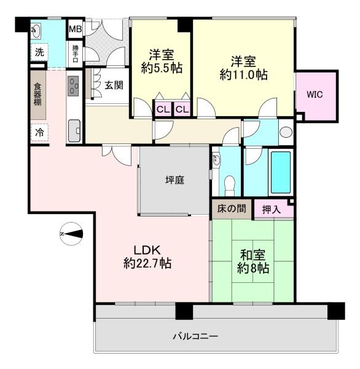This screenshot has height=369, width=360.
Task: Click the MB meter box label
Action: tap(75, 29)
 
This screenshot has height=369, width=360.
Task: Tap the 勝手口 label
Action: tap(75, 54)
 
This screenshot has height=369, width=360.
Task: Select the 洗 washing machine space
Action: tap(39, 52)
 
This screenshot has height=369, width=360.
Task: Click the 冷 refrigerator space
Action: tap(39, 132)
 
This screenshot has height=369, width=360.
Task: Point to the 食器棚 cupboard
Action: tap(38, 95)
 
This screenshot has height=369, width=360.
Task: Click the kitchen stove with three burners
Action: tap(73, 86)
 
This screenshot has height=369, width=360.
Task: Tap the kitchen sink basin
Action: tap(74, 131)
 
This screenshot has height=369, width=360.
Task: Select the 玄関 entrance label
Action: tap(114, 85)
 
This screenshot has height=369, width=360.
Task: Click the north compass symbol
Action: tap(71, 234)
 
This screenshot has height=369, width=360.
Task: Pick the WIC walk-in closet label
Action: tap(315, 95)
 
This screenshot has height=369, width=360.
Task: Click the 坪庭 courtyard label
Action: tap(174, 180)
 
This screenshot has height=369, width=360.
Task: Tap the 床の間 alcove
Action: tap(232, 208)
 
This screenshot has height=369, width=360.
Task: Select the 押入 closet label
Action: tap(272, 210)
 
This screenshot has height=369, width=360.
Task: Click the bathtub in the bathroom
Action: tap(281, 172)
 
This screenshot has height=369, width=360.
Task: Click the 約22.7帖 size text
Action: tap(147, 263)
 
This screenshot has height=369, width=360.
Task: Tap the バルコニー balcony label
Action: tap(195, 336)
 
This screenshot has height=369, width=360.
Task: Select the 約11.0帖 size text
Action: tap(243, 74)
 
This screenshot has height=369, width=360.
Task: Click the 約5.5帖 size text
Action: tap(162, 68)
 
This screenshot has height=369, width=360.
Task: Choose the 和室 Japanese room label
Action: tap(252, 255)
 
